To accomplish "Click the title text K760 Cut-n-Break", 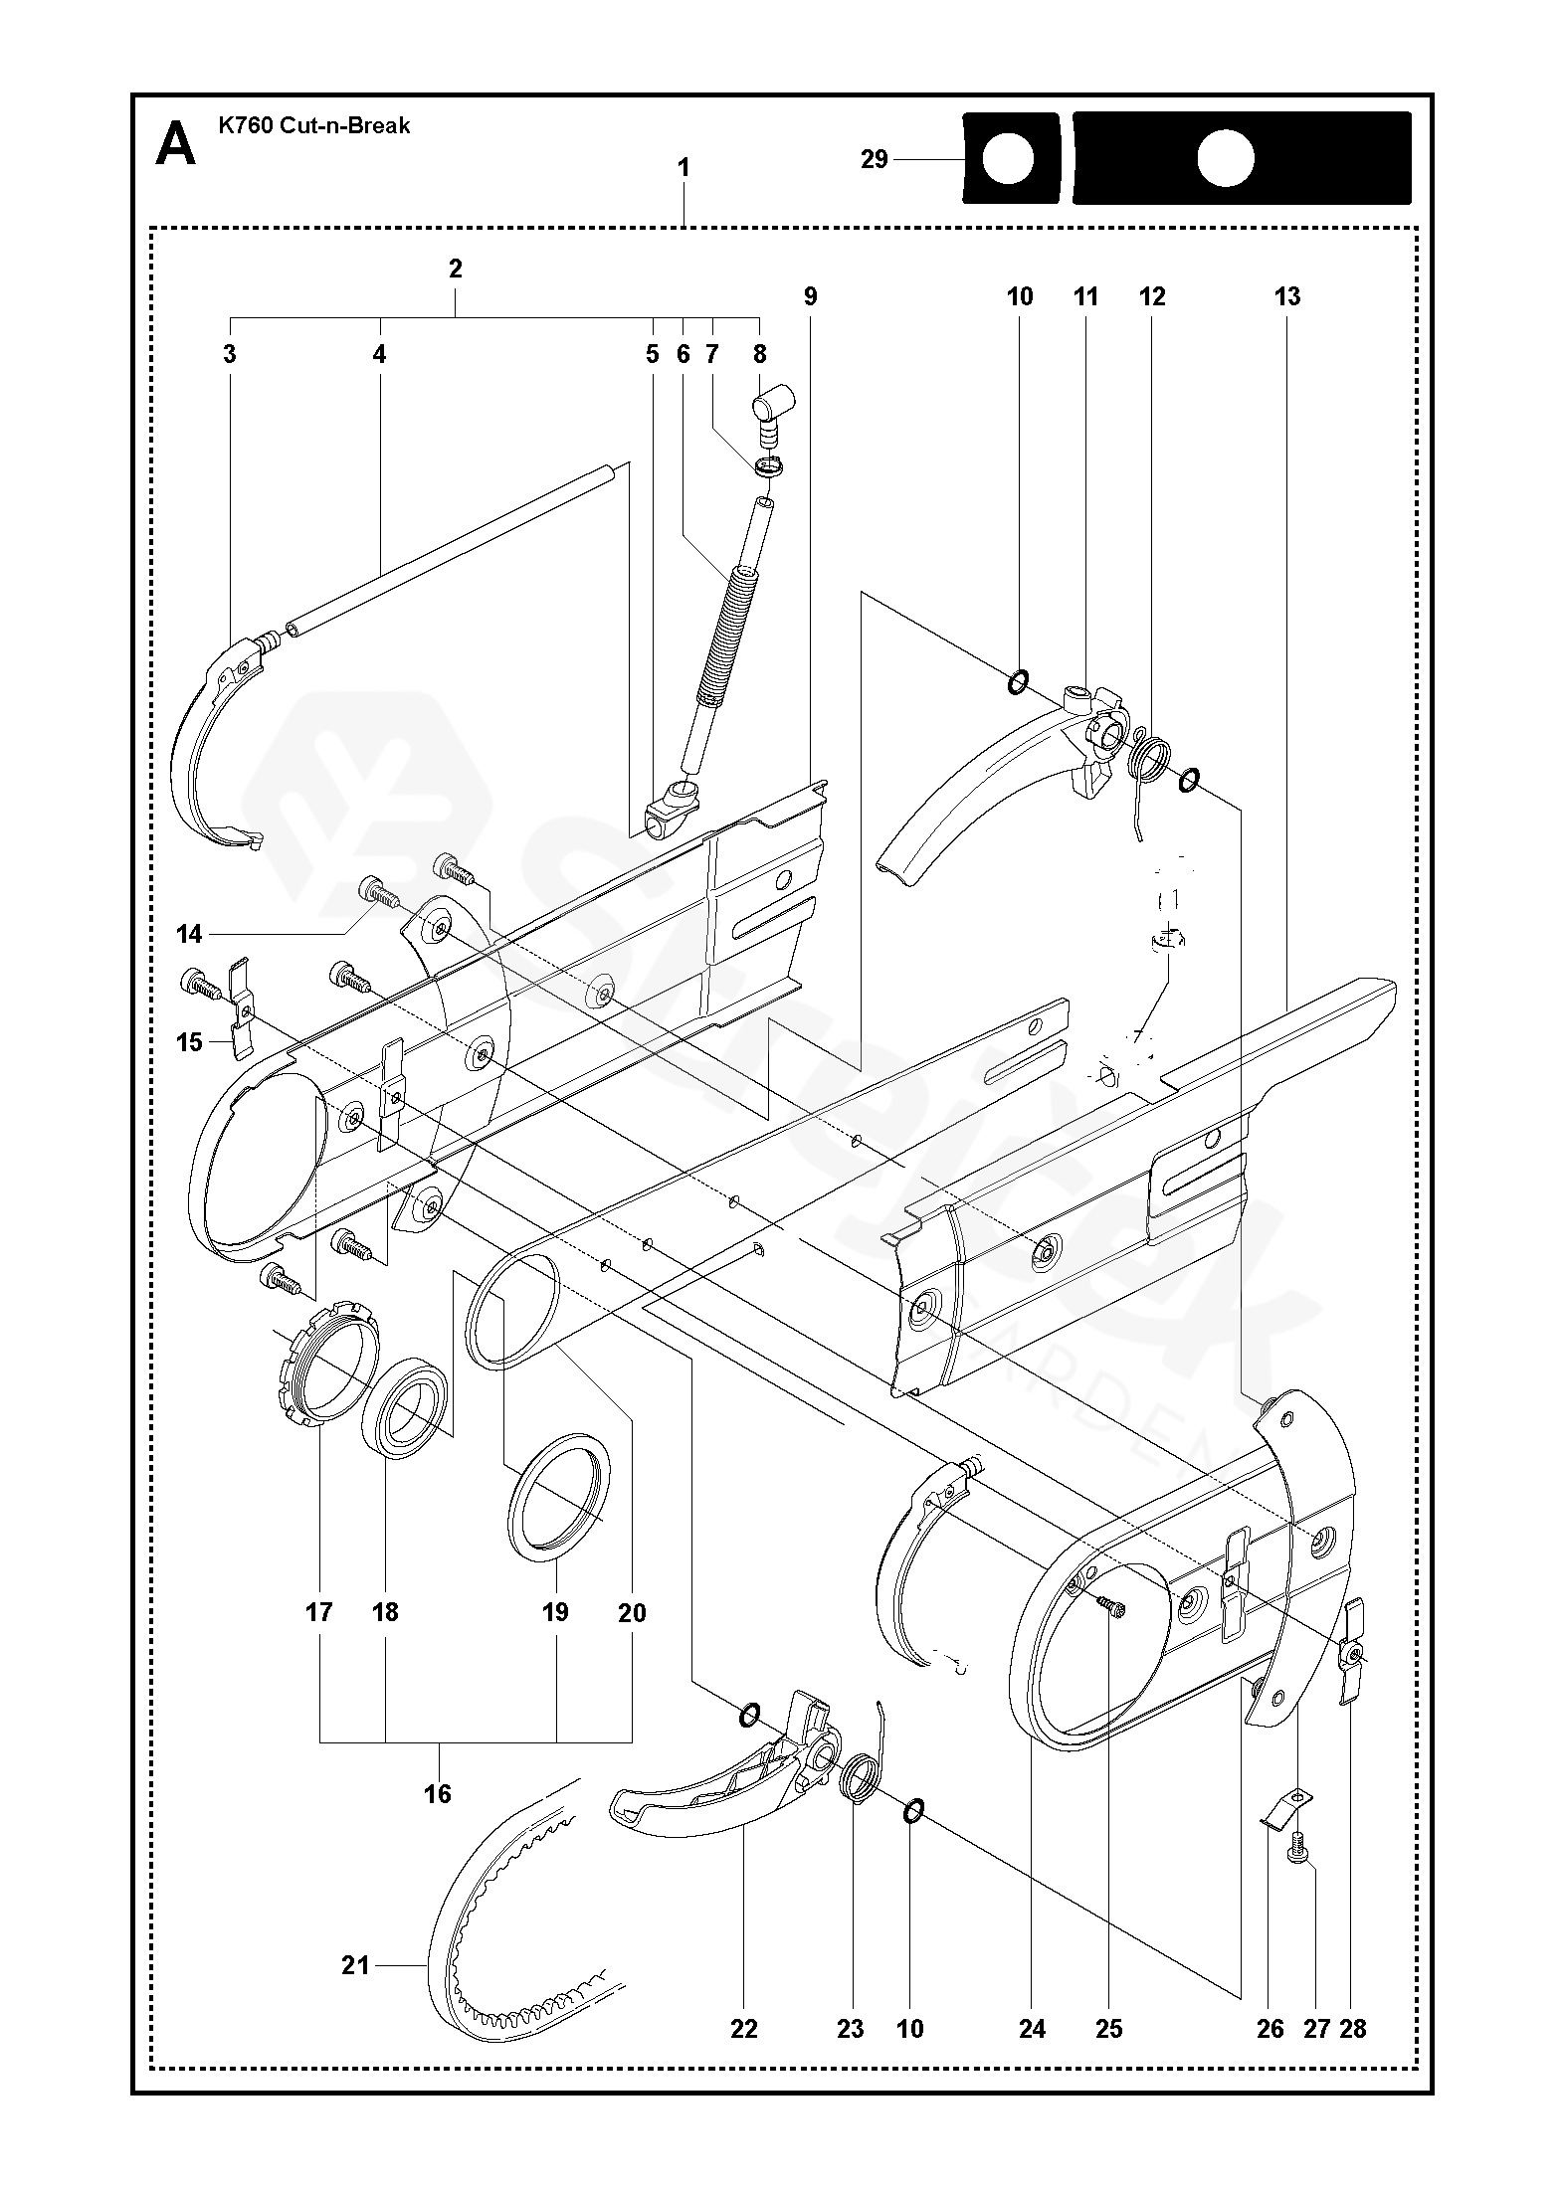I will (x=313, y=126).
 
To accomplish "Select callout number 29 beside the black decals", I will (x=874, y=159).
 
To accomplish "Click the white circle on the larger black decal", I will (x=1225, y=160).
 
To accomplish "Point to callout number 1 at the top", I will (x=684, y=168).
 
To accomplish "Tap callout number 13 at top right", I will (x=1286, y=296).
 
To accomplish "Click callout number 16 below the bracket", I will (x=438, y=1793).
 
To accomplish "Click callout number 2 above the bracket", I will (x=456, y=269).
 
